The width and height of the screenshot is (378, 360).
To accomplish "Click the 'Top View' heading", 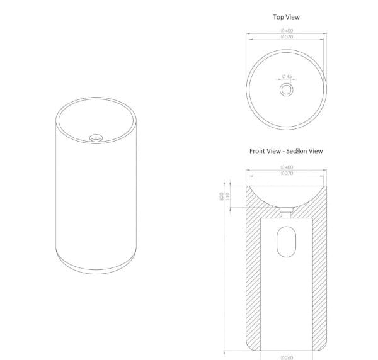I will click(x=286, y=18).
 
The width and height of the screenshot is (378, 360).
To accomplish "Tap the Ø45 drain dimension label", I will click(x=287, y=77).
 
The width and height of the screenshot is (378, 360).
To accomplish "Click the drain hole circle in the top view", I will click(x=287, y=89).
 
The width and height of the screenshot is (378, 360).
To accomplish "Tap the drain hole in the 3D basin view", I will click(x=96, y=135).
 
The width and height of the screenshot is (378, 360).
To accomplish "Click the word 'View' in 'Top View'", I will click(x=293, y=18).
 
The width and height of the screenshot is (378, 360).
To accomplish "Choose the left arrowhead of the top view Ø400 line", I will click(x=248, y=35).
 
